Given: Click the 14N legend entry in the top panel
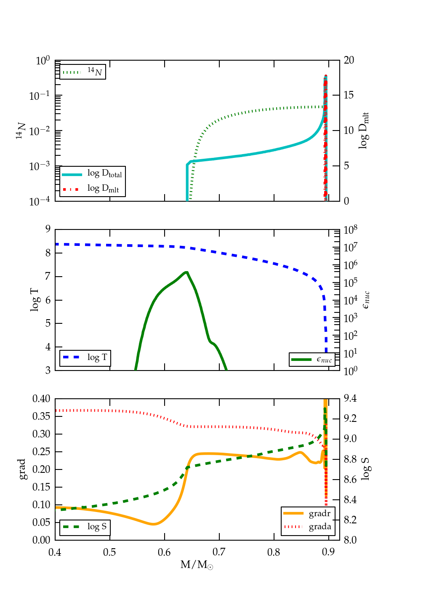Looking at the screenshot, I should pos(83,72).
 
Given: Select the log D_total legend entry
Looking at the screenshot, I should pos(93,174).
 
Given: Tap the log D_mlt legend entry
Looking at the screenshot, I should pos(93,189).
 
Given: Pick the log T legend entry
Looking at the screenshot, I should pos(85,358).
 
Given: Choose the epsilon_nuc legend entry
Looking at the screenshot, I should pos(312,360).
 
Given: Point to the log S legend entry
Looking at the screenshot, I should pos(85,527).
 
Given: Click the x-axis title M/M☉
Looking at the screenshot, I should pos(197,565).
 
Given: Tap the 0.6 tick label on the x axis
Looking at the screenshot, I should pos(164,552).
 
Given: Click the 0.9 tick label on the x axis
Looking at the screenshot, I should pos(328,552).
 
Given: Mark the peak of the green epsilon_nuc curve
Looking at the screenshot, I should pos(186,272).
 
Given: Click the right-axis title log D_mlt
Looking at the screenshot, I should pos(364,131).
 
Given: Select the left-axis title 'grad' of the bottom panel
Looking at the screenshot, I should pos(22,469).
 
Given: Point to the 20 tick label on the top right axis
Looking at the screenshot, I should pos(349,60).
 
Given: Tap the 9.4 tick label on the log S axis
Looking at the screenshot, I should pos(350,398).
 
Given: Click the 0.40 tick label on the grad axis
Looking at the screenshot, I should pos(41,399).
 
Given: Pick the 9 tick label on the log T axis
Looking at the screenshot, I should pos(48,229).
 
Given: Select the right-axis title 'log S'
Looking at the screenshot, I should pos(365,469).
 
